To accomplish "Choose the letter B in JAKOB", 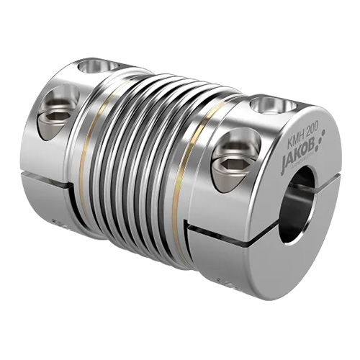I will pyautogui.click(x=312, y=146).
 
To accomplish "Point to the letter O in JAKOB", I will pyautogui.click(x=305, y=151).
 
